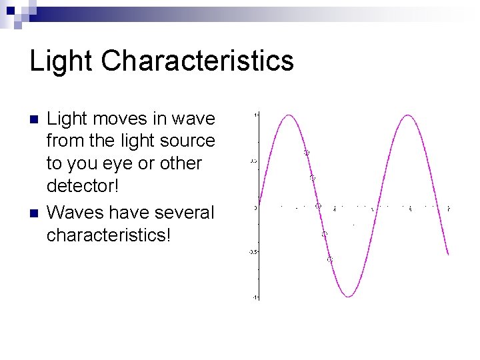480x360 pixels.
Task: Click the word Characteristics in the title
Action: coord(197,61)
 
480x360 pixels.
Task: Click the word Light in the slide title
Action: coord(61,61)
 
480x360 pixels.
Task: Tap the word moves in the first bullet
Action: coord(119,119)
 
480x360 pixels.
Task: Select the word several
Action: coord(181,213)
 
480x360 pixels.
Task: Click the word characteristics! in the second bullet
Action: coord(109,235)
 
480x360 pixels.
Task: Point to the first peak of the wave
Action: coord(288,115)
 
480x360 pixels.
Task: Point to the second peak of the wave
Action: coord(407,115)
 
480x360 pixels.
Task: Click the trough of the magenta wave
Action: coord(347,296)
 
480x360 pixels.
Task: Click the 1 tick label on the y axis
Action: coord(256,115)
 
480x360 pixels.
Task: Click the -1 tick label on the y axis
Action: coord(255,297)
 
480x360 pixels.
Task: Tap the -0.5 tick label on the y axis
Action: coord(253,252)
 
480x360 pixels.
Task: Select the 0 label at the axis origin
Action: coord(255,207)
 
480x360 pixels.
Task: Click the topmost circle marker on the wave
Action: coord(307,153)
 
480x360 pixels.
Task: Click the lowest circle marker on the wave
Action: coord(329,259)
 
